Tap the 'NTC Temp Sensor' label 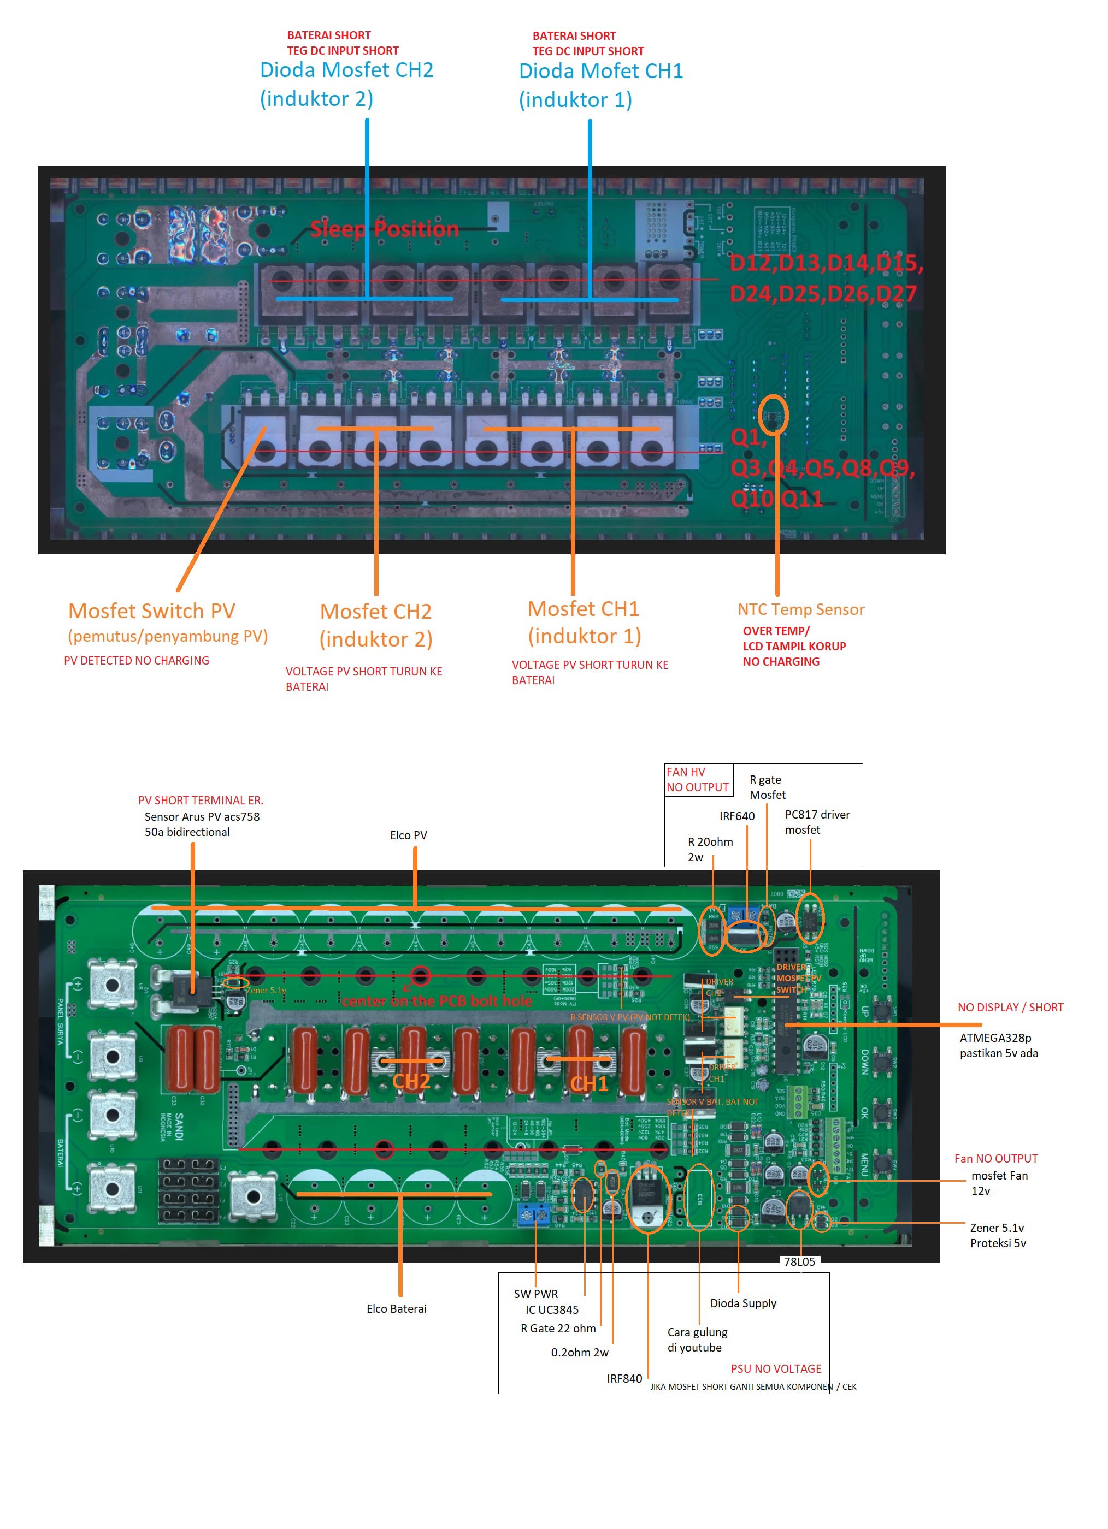[800, 609]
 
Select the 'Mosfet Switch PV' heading [152, 611]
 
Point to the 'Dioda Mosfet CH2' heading [346, 70]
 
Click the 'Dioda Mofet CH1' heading [601, 72]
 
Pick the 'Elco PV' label [408, 835]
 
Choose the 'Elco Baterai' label [397, 1308]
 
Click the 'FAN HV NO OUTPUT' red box [697, 780]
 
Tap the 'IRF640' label [736, 816]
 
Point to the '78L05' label [799, 1261]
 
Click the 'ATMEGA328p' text [995, 1038]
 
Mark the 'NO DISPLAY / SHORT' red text [1010, 1007]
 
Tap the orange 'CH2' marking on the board [411, 1081]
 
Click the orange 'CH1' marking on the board [590, 1084]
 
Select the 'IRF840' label [624, 1379]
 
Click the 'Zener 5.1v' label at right [997, 1228]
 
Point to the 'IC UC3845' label [552, 1310]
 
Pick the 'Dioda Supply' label [743, 1303]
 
